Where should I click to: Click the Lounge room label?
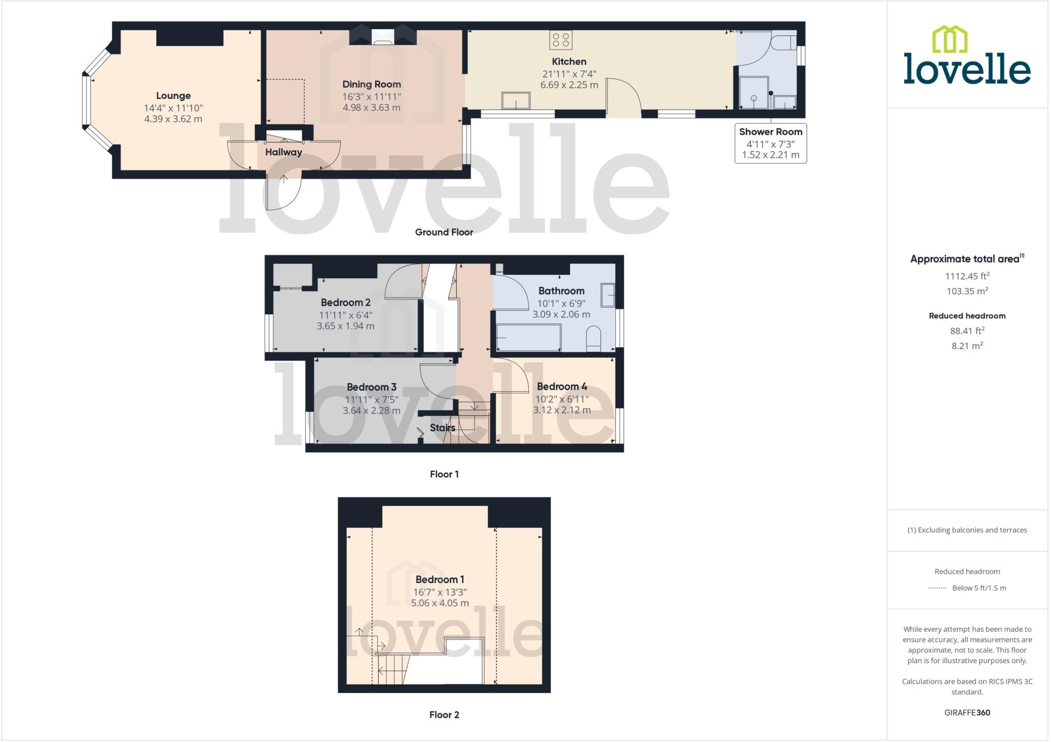click(x=173, y=96)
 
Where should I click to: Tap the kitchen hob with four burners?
click(x=560, y=40)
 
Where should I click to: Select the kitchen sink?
click(x=516, y=101)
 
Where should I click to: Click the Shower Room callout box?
click(x=770, y=143)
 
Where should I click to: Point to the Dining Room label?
click(x=372, y=85)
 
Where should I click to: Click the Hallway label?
click(x=283, y=152)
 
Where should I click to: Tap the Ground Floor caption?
click(x=444, y=232)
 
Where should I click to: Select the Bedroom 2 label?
click(x=345, y=303)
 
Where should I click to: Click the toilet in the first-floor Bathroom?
click(x=593, y=338)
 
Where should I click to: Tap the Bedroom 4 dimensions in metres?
click(x=561, y=410)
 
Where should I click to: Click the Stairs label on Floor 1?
click(x=442, y=428)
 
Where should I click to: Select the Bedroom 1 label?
click(x=440, y=579)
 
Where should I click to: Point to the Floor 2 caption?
click(x=444, y=715)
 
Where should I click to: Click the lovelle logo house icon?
click(x=949, y=39)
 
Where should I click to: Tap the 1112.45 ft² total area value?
click(x=967, y=276)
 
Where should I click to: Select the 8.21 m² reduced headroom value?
click(x=967, y=346)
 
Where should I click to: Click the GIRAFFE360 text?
click(x=967, y=713)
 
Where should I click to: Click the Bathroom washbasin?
click(x=608, y=295)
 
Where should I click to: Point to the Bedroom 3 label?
click(x=371, y=387)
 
